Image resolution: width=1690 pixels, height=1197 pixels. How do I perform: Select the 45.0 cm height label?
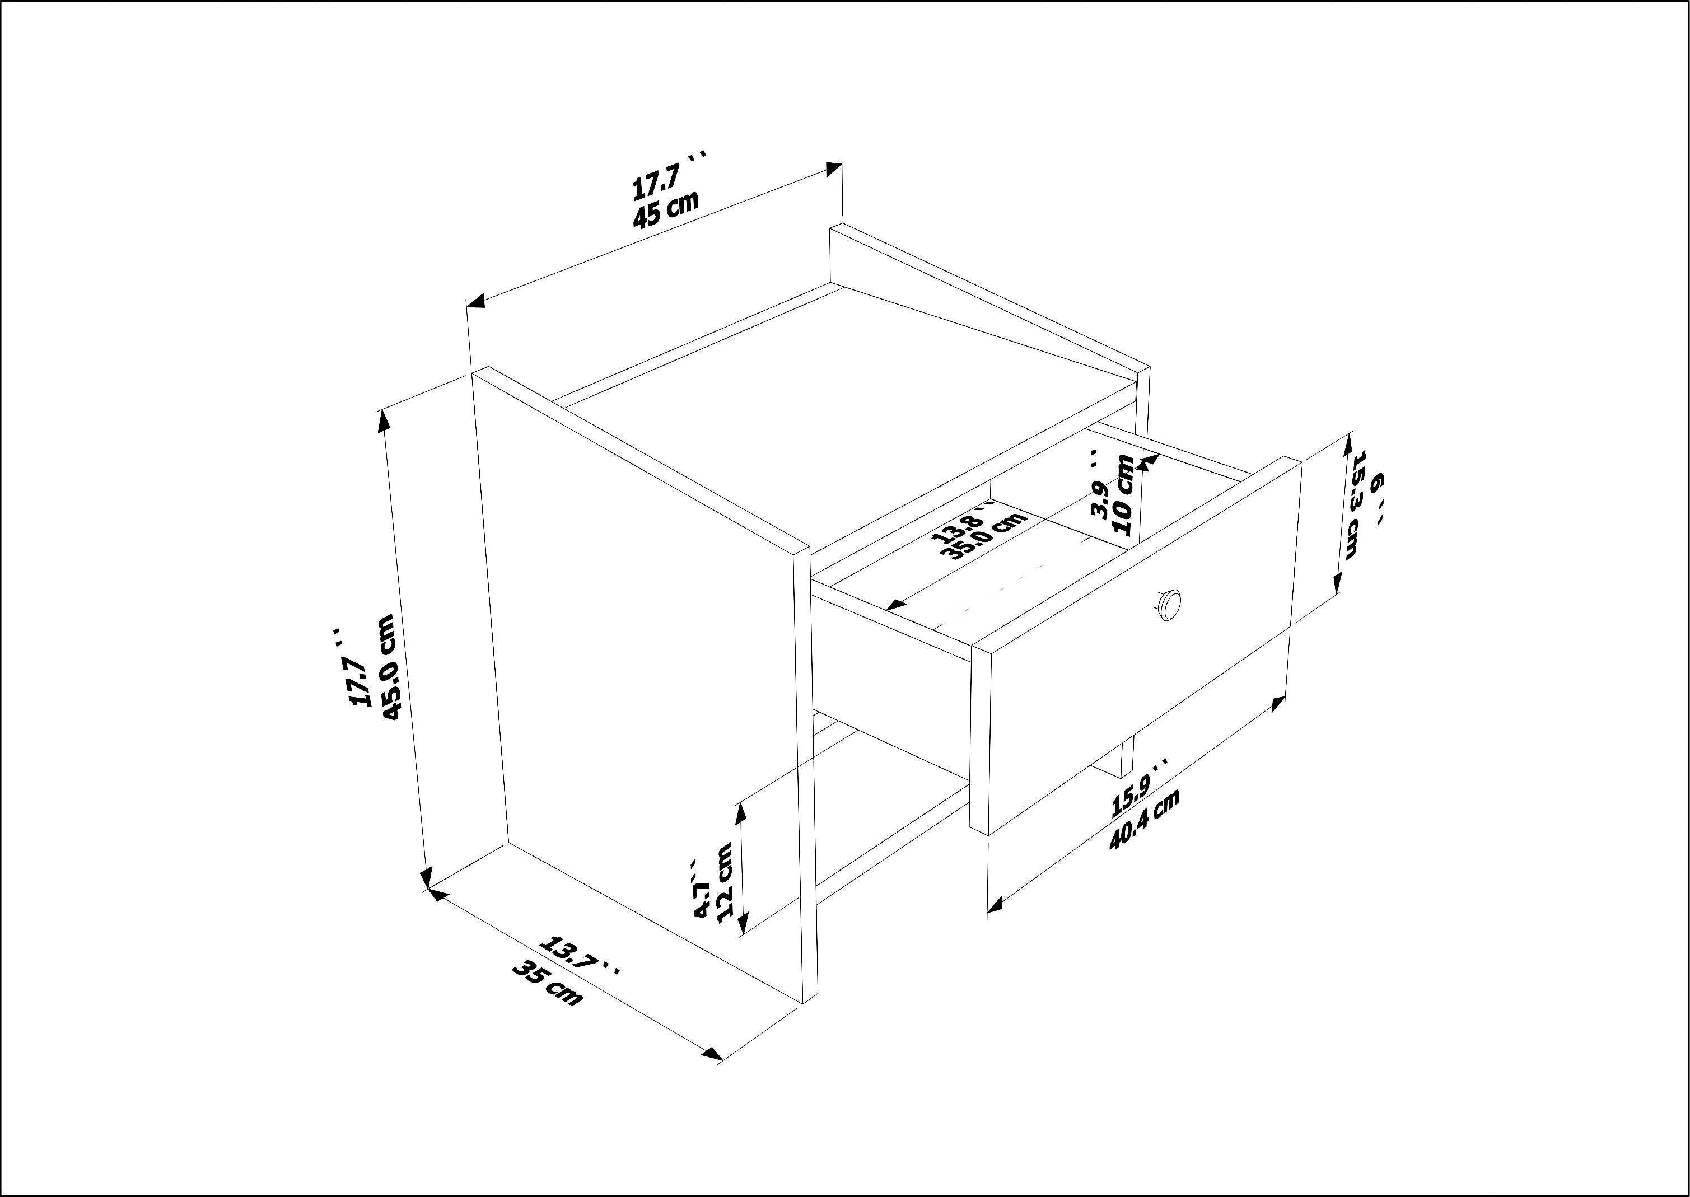coord(389,668)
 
